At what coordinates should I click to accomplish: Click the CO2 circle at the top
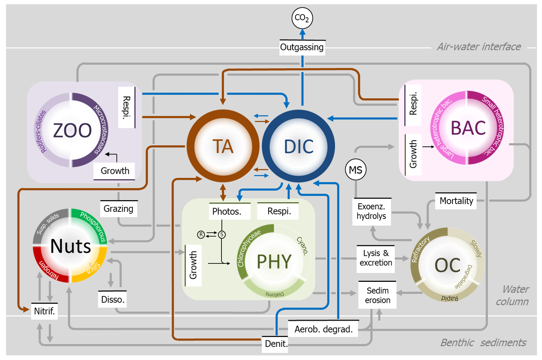coord(302,18)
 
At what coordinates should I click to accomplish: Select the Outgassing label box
coord(302,47)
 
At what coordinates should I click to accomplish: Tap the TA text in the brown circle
coord(223,146)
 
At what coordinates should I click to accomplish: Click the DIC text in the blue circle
coord(299,146)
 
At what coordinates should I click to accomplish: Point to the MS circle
coord(355,170)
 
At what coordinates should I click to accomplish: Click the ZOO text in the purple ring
coord(72,130)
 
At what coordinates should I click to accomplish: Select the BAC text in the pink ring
coord(468,128)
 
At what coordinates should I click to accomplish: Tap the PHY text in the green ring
coord(274,262)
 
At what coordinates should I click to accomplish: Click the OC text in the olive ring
coord(447,265)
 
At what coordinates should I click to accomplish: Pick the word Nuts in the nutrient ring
coord(71,246)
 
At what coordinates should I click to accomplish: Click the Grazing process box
coord(118,209)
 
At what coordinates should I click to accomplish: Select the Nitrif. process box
coord(44,311)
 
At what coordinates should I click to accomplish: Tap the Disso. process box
coord(113,300)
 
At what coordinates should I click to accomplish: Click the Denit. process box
coord(276,344)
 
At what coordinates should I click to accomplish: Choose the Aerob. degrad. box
coord(323,329)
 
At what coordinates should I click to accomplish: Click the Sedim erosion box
coord(377,295)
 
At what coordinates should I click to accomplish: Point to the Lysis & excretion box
coord(376,258)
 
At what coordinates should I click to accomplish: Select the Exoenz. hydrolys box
coord(371,211)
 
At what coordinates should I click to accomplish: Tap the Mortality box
coord(456,201)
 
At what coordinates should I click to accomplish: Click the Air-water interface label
coord(479,47)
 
